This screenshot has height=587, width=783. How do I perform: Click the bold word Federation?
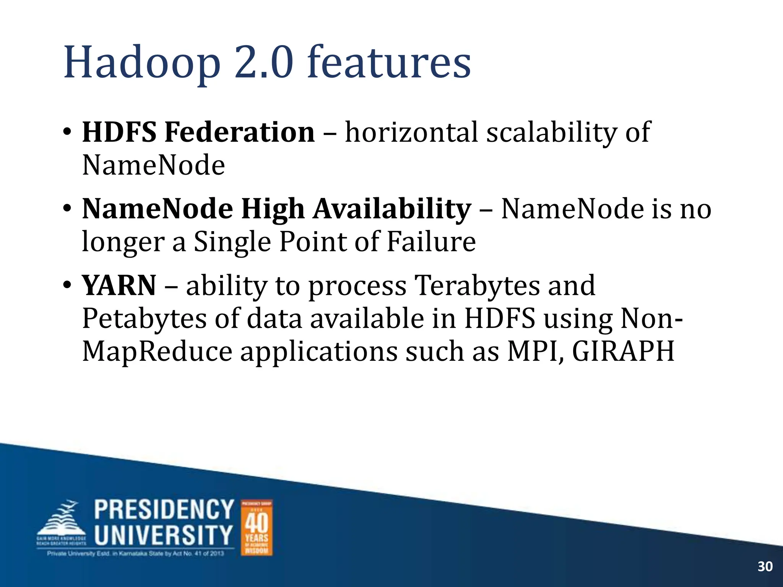(239, 132)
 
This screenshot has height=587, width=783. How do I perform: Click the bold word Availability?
(392, 209)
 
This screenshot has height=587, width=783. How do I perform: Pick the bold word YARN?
(119, 286)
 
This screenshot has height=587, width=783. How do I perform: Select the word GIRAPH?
(623, 352)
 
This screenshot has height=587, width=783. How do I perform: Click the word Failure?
(431, 242)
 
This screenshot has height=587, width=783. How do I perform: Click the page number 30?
(765, 566)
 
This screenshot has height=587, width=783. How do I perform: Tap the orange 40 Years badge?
(257, 527)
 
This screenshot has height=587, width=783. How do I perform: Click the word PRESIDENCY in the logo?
(164, 509)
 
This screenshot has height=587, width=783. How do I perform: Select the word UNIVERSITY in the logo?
(163, 535)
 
